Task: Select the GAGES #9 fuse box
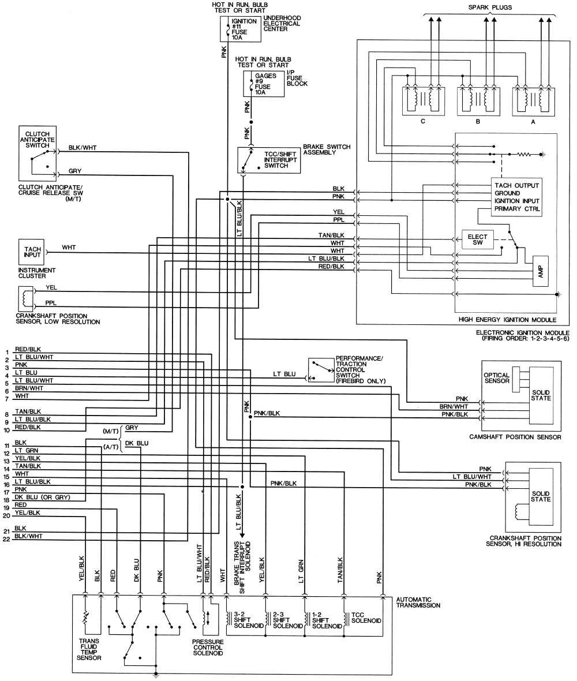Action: (264, 84)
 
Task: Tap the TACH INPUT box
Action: (32, 252)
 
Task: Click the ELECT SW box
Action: (478, 240)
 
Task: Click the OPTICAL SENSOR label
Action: (496, 378)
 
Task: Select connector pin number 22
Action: (6, 540)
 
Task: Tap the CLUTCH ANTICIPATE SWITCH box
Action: (38, 153)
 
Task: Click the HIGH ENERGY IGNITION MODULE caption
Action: (507, 319)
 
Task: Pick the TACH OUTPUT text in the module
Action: (516, 185)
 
